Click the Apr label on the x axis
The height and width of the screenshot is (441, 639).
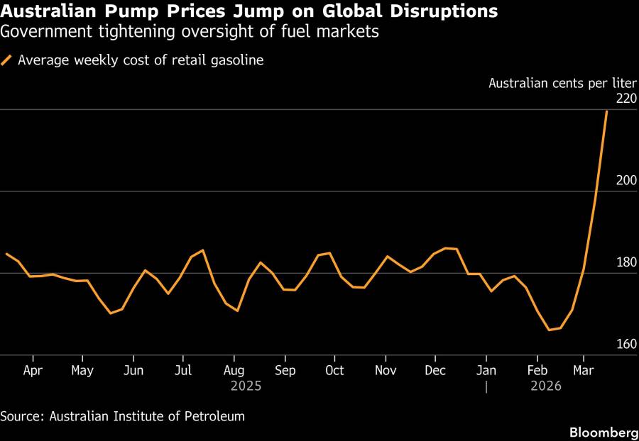point(33,371)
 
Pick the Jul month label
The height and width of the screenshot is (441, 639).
point(183,371)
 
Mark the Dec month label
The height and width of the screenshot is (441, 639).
point(435,371)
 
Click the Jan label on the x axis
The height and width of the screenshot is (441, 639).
point(486,371)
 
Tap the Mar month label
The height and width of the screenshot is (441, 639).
point(584,371)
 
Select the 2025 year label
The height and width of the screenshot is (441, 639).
point(246,386)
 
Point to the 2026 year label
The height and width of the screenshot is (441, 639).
point(546,386)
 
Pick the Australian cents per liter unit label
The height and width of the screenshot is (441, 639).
point(558,83)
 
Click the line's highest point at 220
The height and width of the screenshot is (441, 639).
point(606,111)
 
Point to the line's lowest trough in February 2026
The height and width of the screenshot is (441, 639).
point(549,330)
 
